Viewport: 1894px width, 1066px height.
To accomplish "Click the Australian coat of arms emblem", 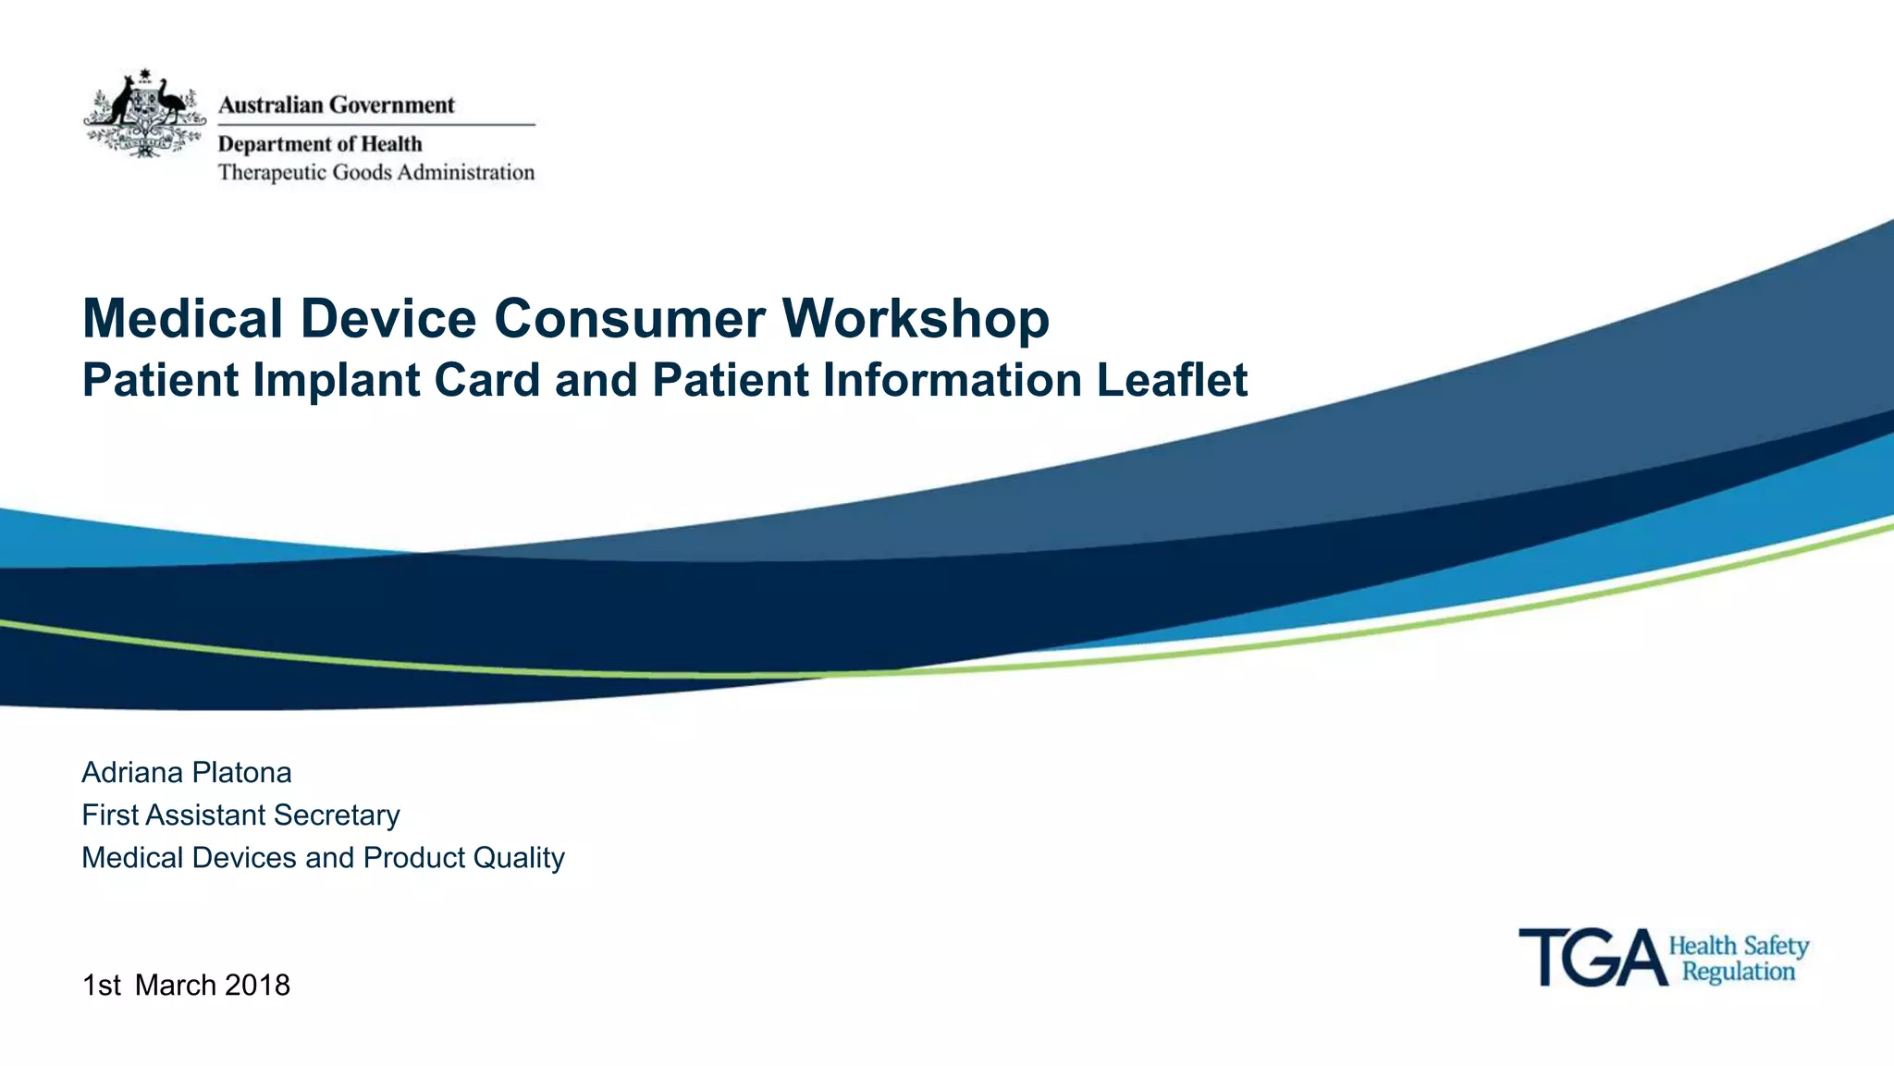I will pos(144,113).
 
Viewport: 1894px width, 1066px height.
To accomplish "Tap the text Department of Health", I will pos(320,144).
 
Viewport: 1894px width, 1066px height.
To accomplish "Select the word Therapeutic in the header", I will pos(272,173).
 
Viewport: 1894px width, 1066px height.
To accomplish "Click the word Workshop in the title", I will pos(916,319).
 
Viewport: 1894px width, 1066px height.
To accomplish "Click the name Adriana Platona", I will pos(187,772).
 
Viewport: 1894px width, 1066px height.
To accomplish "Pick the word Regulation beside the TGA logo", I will pos(1738,972).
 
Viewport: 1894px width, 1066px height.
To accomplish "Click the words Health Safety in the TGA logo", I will pos(1738,946).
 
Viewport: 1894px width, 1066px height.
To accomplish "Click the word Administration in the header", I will pos(466,173).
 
